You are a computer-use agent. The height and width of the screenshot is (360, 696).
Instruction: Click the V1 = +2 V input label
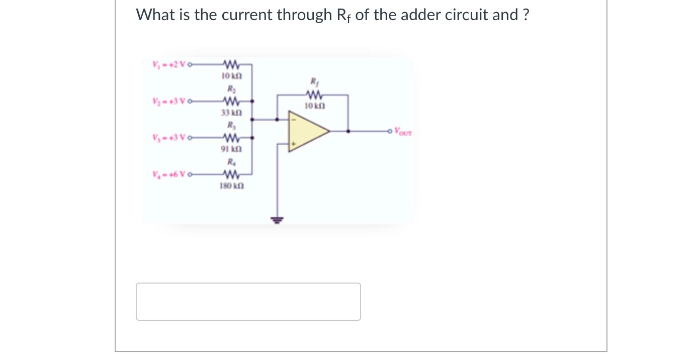tap(168, 64)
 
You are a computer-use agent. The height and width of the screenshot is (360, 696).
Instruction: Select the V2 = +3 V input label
tap(168, 101)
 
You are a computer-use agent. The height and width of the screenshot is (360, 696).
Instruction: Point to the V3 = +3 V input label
tap(168, 138)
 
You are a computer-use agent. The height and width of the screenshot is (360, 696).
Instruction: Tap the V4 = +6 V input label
tap(168, 175)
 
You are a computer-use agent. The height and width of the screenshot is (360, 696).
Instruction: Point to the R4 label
tap(230, 162)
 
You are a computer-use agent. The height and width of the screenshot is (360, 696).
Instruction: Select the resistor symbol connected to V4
tap(230, 175)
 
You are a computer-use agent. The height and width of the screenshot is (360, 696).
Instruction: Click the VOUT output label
tap(403, 133)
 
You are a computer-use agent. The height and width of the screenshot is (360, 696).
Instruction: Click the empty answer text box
tap(248, 302)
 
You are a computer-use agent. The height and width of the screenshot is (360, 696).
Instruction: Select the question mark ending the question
tap(526, 15)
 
